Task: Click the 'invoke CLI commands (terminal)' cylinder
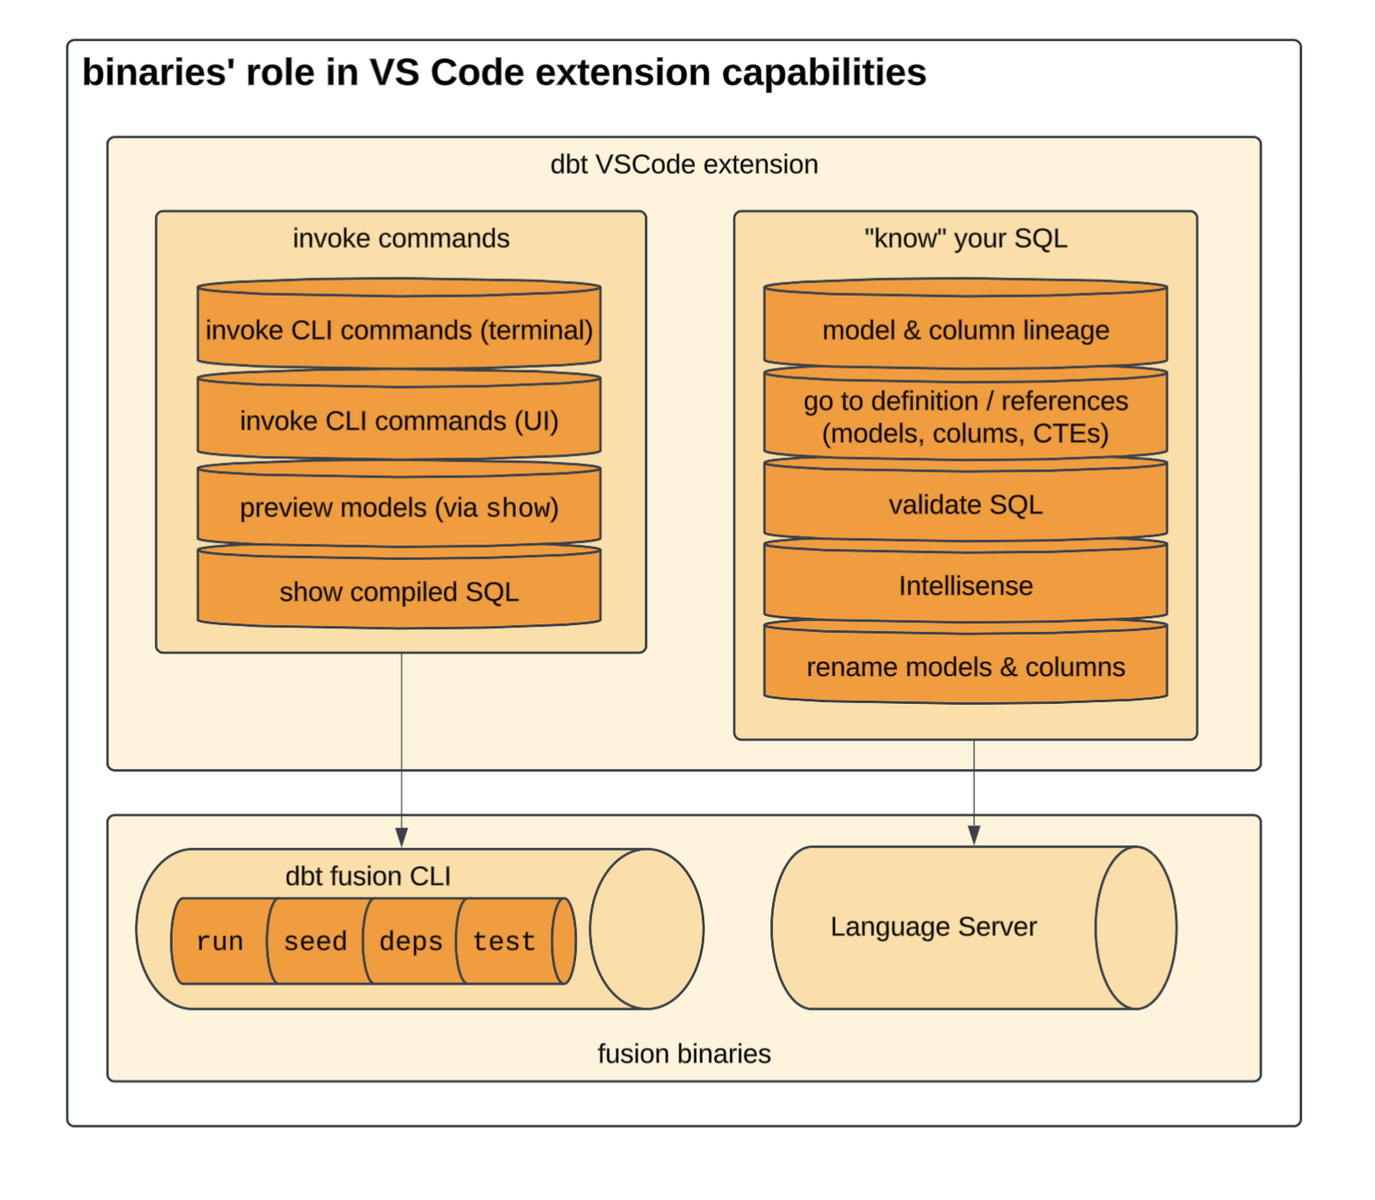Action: point(399,330)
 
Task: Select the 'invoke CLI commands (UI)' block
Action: point(399,421)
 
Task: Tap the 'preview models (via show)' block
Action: point(399,508)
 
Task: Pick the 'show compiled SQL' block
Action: point(399,592)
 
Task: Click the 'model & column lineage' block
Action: point(965,330)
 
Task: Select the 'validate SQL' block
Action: point(965,504)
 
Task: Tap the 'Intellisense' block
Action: point(965,586)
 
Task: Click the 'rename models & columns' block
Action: point(965,667)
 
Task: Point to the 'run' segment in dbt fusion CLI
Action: point(220,941)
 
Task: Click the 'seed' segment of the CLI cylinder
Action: point(315,941)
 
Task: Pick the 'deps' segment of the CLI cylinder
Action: point(411,941)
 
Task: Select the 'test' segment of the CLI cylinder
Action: point(504,941)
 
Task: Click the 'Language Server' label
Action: point(933,927)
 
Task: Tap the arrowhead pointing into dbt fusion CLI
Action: point(402,837)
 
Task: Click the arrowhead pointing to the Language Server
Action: point(973,835)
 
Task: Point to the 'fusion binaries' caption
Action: point(683,1053)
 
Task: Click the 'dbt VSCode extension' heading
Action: point(683,164)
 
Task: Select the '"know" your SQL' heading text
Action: point(965,239)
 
